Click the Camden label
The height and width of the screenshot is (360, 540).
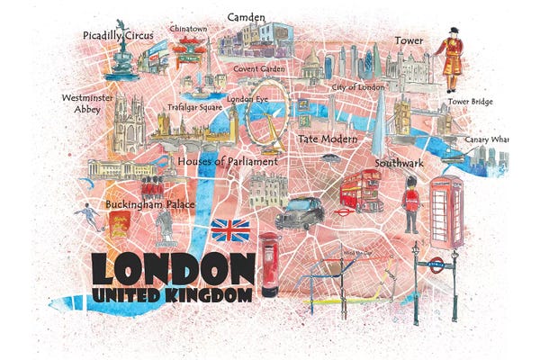coord(246,17)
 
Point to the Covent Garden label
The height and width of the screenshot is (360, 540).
coord(259,68)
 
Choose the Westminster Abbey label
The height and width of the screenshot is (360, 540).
coord(82,103)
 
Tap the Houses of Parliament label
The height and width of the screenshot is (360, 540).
coord(228,161)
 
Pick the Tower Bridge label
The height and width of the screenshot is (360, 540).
coord(471,102)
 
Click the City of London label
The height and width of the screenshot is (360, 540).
coord(358,86)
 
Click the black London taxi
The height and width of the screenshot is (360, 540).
coord(300,212)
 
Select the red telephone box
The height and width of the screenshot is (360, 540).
coord(446,211)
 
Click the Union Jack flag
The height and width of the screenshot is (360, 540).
coord(230,230)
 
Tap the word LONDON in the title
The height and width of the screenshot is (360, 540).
coord(172,267)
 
